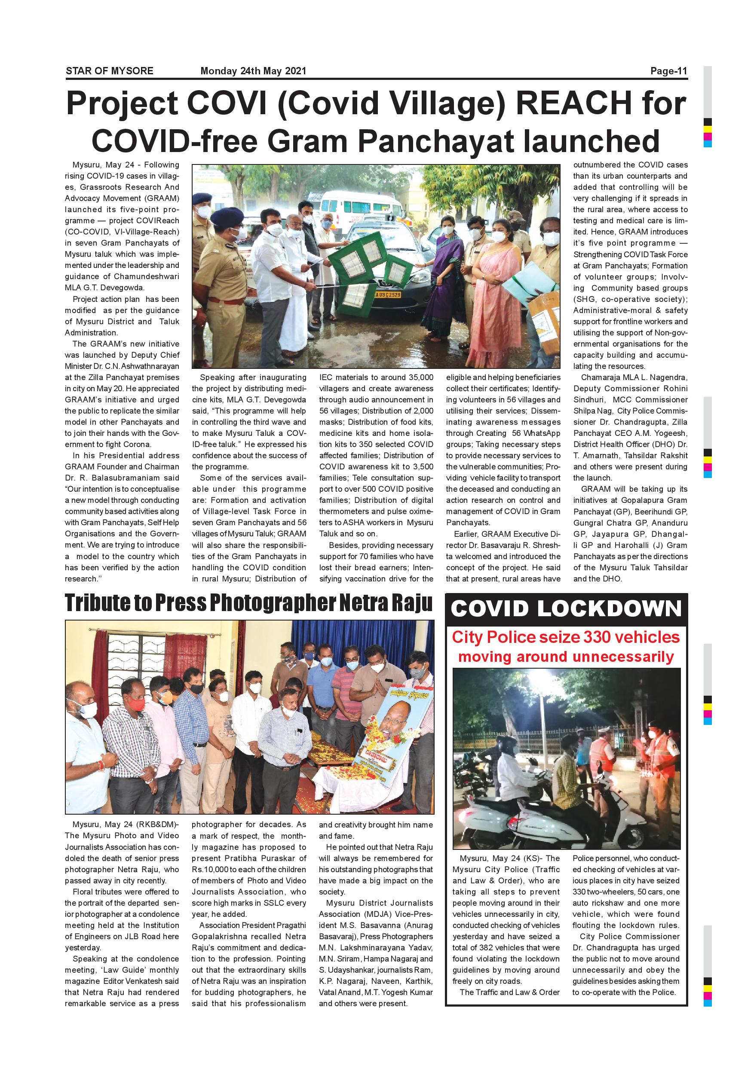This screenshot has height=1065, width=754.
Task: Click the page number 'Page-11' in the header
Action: point(668,71)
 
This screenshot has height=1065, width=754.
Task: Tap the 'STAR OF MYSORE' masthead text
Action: point(110,71)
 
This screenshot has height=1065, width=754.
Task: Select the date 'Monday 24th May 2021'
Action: point(253,71)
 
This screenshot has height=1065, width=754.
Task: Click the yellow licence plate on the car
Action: point(388,295)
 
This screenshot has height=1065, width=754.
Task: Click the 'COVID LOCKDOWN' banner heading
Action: point(566,609)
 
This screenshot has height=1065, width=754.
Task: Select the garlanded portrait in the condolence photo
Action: point(394,737)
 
